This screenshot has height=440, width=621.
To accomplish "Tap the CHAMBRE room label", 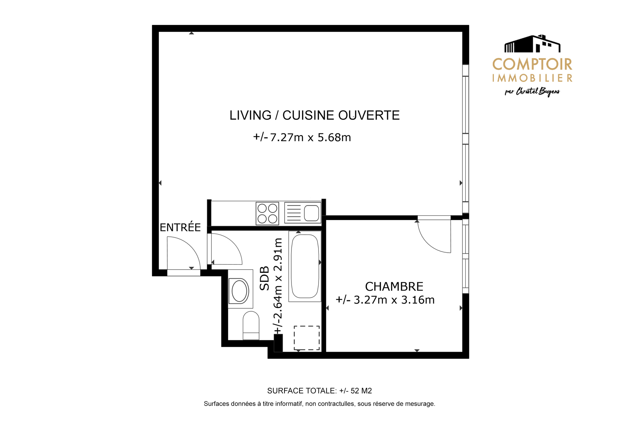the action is click(x=394, y=286).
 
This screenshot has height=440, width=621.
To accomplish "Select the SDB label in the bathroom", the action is click(x=264, y=278).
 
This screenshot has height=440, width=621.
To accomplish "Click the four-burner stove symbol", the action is click(x=267, y=213).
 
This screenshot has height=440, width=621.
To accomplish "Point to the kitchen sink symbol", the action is click(x=303, y=213).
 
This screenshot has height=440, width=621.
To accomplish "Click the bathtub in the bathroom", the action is click(x=305, y=266).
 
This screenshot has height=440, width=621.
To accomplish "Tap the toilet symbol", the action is click(x=251, y=325).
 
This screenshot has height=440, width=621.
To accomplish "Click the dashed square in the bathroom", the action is click(x=306, y=338).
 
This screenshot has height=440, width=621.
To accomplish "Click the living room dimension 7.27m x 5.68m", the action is click(x=302, y=137).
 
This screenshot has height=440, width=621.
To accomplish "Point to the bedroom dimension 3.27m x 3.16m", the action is click(x=385, y=300).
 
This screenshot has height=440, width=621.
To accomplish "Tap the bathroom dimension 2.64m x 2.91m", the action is click(x=278, y=285).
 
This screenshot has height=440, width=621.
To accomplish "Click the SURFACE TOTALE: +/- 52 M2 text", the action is click(x=319, y=391).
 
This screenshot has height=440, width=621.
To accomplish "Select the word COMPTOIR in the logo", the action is click(x=532, y=65).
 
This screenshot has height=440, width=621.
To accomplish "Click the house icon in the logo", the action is click(x=532, y=43).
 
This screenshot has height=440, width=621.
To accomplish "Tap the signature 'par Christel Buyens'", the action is click(x=532, y=92).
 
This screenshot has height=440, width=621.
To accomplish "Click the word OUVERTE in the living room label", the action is click(x=369, y=115).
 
